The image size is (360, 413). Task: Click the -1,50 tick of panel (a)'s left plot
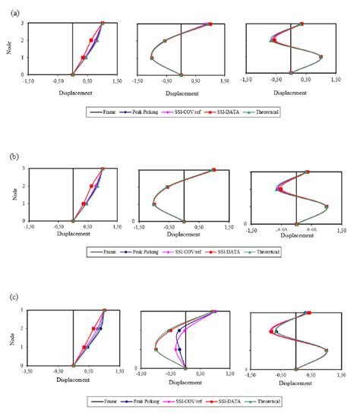point(28,80)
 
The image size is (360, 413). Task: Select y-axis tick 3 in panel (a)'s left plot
point(22,23)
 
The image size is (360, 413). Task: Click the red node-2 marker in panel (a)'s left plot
point(91,40)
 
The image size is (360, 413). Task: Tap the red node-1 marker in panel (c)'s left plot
point(84,348)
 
